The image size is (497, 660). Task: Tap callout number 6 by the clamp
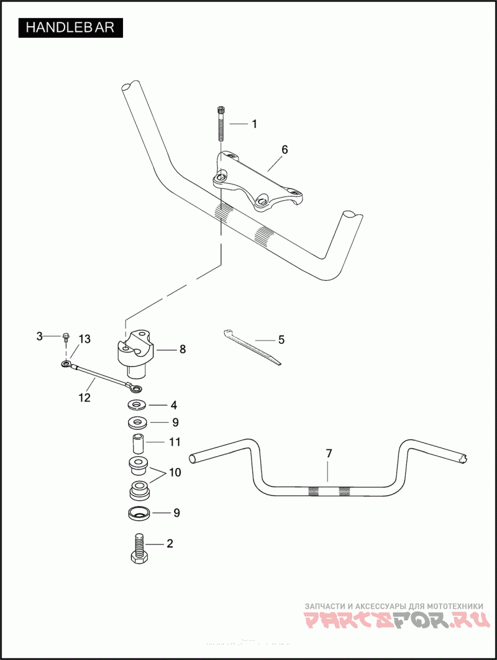point(285,150)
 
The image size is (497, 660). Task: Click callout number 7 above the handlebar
point(329,453)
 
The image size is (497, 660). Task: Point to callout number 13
point(84,339)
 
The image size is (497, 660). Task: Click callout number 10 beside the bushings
point(175,472)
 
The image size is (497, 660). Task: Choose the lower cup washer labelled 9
point(138,513)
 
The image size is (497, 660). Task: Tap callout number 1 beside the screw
point(254,124)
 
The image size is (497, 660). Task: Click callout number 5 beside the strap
point(281,339)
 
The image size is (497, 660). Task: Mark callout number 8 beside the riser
point(183,349)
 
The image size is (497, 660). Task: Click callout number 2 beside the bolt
point(169,543)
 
